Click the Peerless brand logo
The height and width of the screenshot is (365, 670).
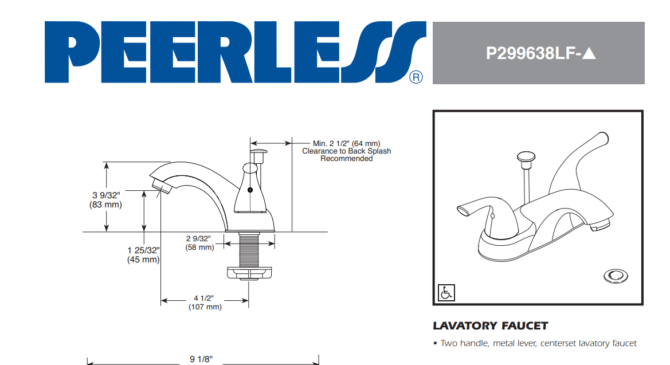coord(235,52)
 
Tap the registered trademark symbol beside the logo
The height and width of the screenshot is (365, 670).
coord(416,77)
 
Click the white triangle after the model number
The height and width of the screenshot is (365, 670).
coord(589,53)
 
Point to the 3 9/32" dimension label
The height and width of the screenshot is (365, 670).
coord(106,195)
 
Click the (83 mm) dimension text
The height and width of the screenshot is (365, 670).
coord(105,205)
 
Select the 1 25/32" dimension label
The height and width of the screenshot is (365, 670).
coord(143,250)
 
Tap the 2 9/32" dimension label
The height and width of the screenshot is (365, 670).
coord(198,238)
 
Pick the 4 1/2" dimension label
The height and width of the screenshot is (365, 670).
coord(204,298)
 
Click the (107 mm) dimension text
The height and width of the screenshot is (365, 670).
coord(205,307)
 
